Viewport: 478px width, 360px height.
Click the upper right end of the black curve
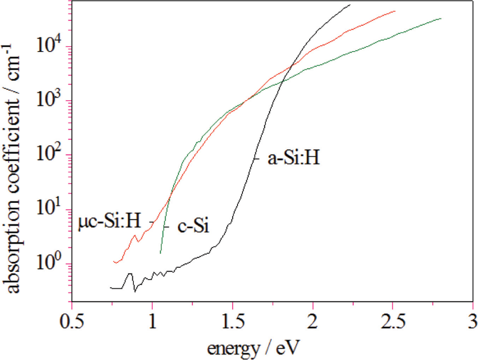(x=350, y=4)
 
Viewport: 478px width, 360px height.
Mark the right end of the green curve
(x=441, y=18)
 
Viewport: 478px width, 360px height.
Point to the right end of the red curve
(x=395, y=10)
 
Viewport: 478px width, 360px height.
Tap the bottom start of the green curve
(x=160, y=253)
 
